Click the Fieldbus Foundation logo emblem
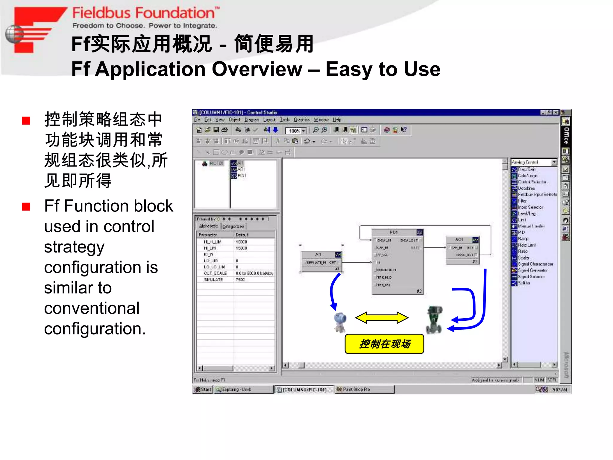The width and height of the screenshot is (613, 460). [33, 30]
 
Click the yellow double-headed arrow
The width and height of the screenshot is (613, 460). [382, 318]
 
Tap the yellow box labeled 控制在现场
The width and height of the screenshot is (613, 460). [384, 344]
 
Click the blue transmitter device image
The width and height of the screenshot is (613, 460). [340, 322]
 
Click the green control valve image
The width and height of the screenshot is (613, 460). [434, 320]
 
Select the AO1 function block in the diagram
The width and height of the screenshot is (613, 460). [462, 250]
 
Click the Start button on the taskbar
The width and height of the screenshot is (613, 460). [203, 389]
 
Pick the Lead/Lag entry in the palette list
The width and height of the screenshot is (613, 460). [526, 214]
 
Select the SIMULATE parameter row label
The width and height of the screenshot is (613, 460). [213, 279]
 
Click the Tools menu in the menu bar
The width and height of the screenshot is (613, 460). [285, 120]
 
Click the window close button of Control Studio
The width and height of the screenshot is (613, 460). [556, 112]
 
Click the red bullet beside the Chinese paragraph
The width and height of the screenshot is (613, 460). [26, 121]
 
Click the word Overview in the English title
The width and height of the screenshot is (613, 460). [257, 69]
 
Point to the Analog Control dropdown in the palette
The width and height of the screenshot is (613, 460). [534, 162]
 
